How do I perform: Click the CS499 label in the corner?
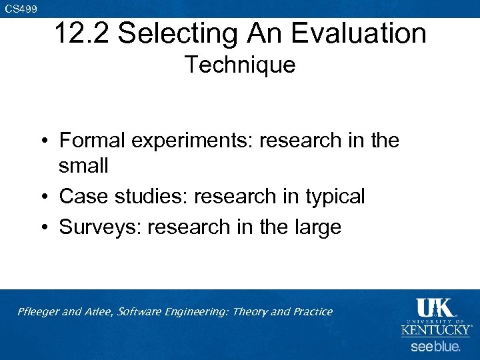click(x=21, y=9)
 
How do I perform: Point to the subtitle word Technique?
click(x=239, y=65)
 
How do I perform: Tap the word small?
click(x=83, y=165)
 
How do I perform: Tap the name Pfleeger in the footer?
click(x=39, y=311)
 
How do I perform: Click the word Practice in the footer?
click(x=309, y=311)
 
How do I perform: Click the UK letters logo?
click(x=435, y=308)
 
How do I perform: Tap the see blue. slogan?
click(x=435, y=347)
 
